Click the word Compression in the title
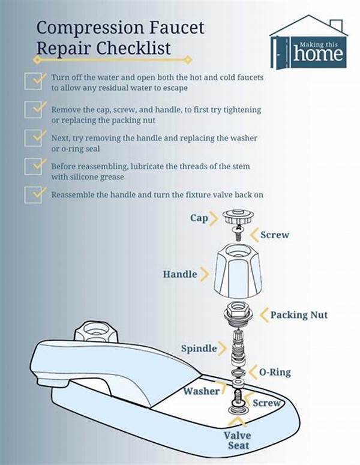pyautogui.click(x=90, y=28)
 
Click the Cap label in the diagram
pyautogui.click(x=199, y=218)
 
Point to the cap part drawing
pyautogui.click(x=238, y=217)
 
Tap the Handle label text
pyautogui.click(x=180, y=274)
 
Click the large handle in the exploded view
pyautogui.click(x=238, y=271)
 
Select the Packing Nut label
pyautogui.click(x=299, y=315)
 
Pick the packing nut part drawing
pyautogui.click(x=238, y=315)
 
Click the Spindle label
pyautogui.click(x=199, y=349)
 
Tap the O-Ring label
pyautogui.click(x=275, y=372)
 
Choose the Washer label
pyautogui.click(x=202, y=391)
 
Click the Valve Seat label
pyautogui.click(x=238, y=440)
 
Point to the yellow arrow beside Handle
pyautogui.click(x=205, y=274)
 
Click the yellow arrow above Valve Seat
pyautogui.click(x=237, y=422)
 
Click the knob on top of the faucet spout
pyautogui.click(x=96, y=332)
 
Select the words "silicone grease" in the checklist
pyautogui.click(x=96, y=177)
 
